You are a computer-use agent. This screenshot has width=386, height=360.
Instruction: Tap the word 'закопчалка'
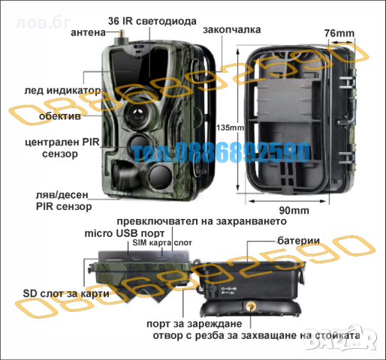coord(231,30)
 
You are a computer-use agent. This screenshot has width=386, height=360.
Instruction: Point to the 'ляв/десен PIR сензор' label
coord(63,199)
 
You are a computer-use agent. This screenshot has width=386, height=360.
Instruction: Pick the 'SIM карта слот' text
coord(161,244)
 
